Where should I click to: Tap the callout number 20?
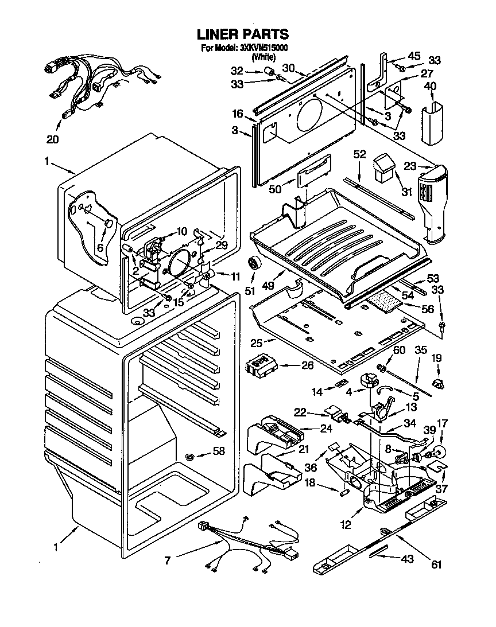52,139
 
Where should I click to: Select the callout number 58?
219,451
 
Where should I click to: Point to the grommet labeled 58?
189,457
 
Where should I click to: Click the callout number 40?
429,87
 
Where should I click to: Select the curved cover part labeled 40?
432,122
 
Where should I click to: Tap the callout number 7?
167,560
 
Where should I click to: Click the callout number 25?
255,342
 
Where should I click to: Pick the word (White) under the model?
263,57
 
